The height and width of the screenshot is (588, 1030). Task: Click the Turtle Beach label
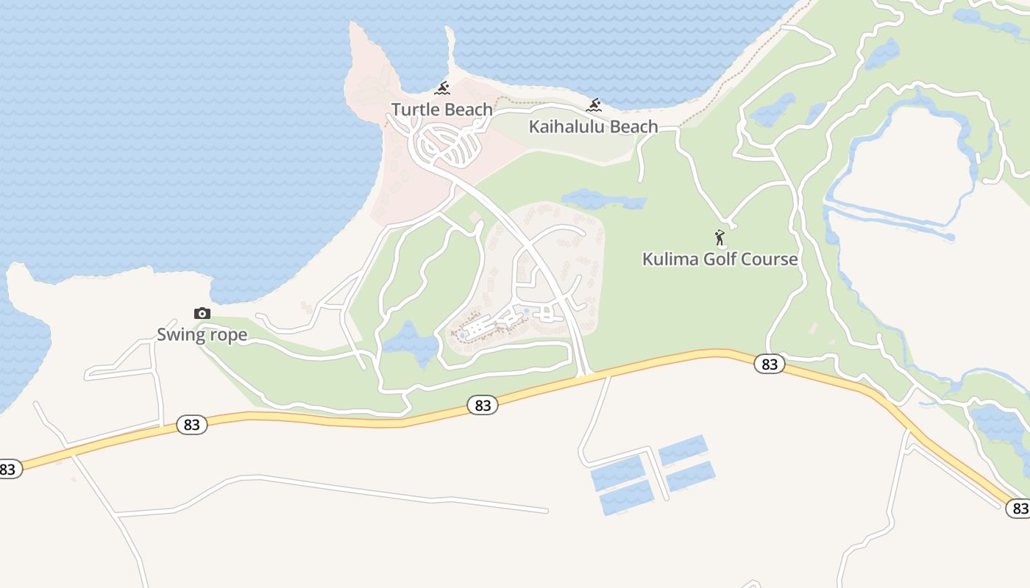[441, 110]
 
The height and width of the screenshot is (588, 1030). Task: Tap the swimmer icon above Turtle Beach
[441, 89]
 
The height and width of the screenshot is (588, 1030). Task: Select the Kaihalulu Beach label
[593, 126]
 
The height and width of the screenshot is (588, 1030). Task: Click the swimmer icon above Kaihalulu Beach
[594, 106]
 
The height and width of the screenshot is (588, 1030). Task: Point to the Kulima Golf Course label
[720, 259]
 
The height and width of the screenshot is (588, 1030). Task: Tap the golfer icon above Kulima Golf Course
[720, 238]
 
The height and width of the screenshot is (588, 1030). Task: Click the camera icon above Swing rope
[202, 314]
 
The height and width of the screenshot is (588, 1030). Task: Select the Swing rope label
[202, 335]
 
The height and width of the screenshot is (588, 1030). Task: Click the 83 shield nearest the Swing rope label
[191, 425]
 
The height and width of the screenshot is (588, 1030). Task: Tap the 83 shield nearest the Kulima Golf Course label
[769, 364]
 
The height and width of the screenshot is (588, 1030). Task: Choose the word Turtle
[414, 110]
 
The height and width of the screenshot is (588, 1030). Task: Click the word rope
[227, 335]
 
